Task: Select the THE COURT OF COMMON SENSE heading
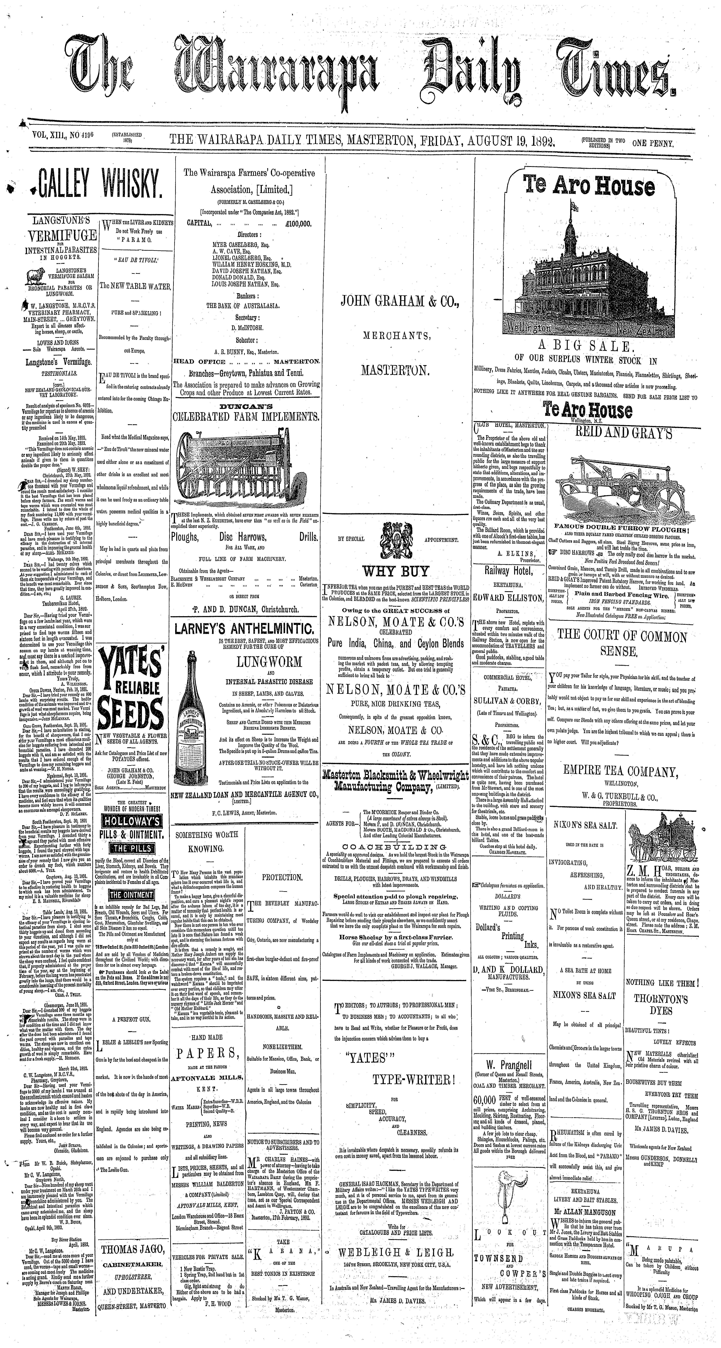pyautogui.click(x=622, y=644)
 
